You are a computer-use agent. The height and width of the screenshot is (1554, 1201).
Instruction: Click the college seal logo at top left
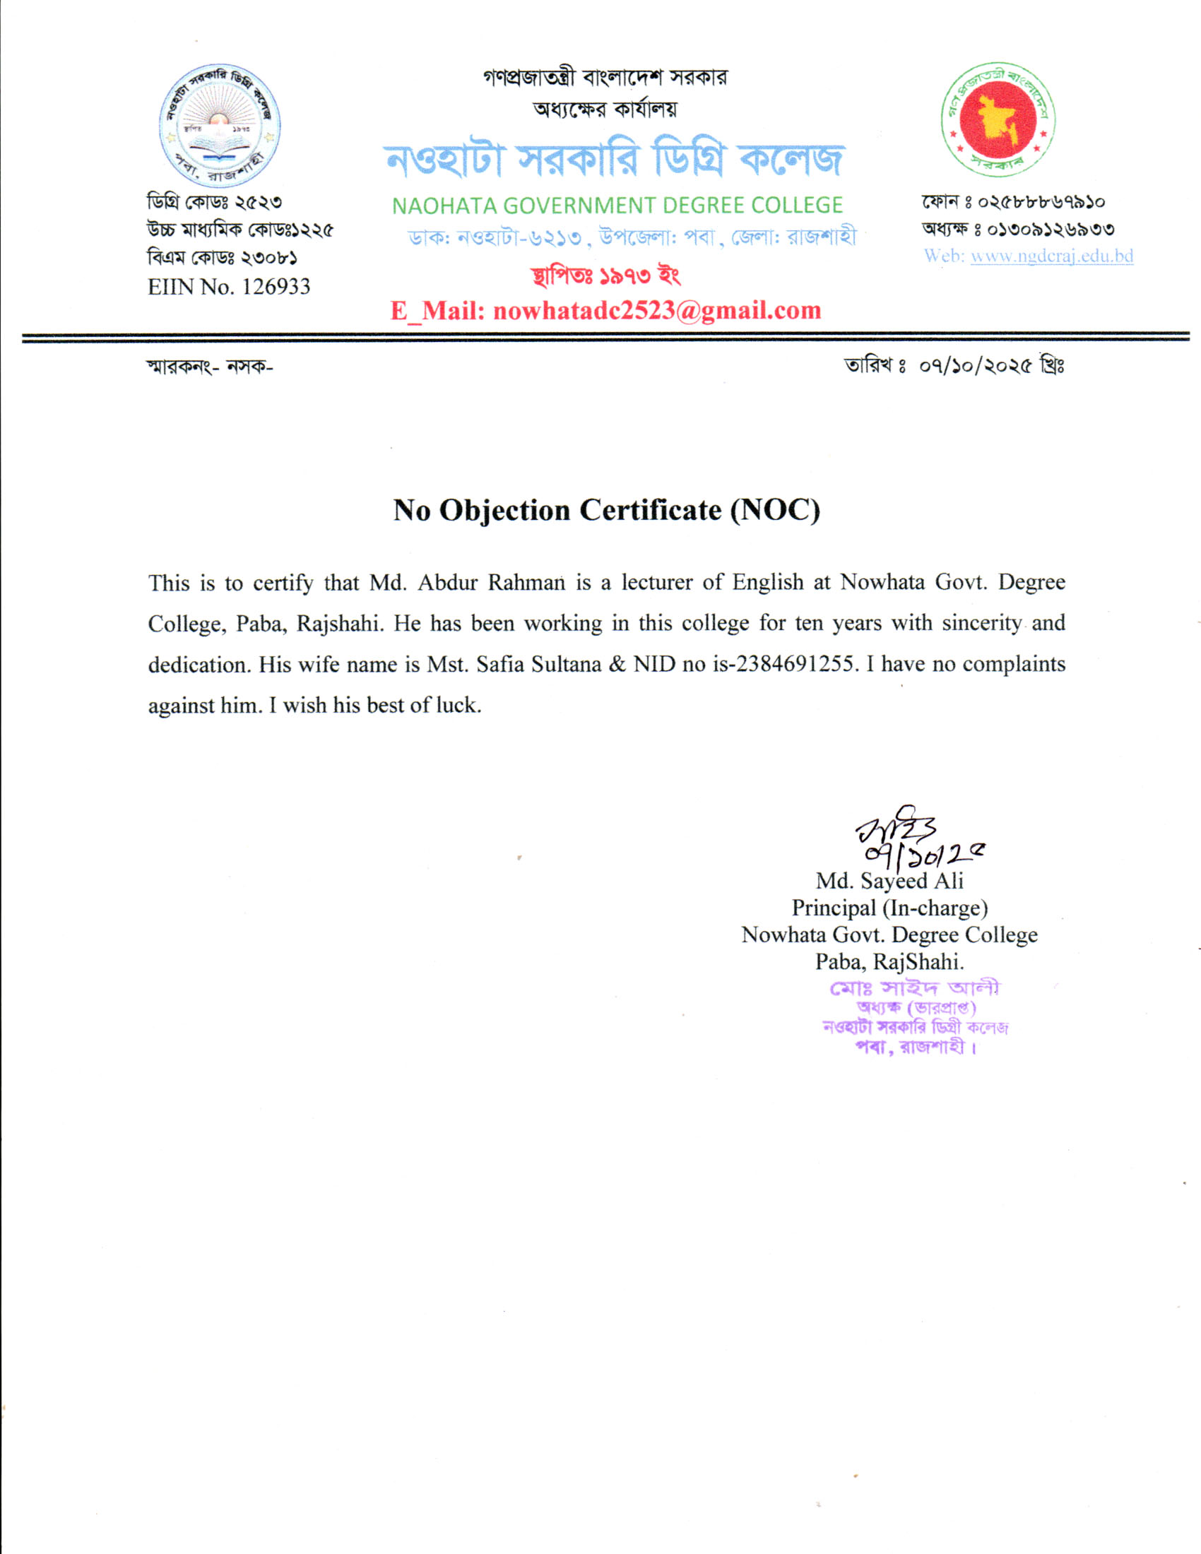(x=219, y=126)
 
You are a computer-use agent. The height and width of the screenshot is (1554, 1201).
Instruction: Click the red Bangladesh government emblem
(x=998, y=119)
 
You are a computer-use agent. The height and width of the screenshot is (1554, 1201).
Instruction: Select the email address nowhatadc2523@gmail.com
(x=657, y=311)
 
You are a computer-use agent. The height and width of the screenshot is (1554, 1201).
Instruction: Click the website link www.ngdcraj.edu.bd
(x=1052, y=256)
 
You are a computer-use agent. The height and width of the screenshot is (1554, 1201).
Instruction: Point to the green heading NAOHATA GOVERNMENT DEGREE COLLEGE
(x=617, y=206)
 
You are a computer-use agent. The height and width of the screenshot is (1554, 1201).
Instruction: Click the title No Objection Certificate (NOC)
(x=606, y=510)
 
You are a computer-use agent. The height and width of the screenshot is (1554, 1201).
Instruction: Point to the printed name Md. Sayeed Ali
(x=889, y=881)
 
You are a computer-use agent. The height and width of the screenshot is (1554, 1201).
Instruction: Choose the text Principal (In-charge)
(x=889, y=908)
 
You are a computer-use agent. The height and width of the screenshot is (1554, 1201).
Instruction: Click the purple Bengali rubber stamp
(x=915, y=1017)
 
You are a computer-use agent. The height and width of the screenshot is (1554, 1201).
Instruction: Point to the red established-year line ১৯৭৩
(x=606, y=275)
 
